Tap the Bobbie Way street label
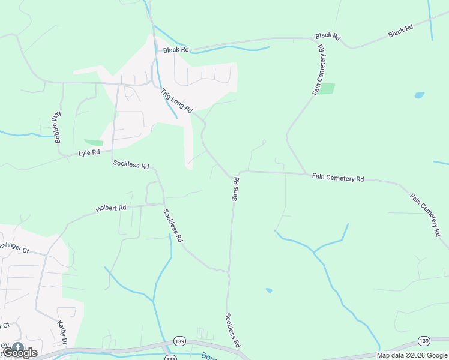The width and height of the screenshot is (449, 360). [58, 127]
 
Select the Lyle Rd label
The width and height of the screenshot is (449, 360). [88, 153]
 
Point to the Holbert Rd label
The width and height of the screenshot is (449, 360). [111, 209]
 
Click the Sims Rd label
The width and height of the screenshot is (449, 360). [236, 188]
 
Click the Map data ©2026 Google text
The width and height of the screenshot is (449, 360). [412, 355]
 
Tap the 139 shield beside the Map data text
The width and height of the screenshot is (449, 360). [424, 341]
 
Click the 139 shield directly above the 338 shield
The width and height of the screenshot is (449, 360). [178, 341]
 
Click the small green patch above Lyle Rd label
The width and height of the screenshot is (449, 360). [94, 143]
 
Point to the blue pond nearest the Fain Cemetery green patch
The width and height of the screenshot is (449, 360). [419, 95]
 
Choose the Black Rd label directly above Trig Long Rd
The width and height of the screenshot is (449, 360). [176, 50]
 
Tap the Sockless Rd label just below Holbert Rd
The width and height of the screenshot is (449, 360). [172, 225]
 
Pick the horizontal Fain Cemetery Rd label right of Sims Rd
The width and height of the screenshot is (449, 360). [338, 178]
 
